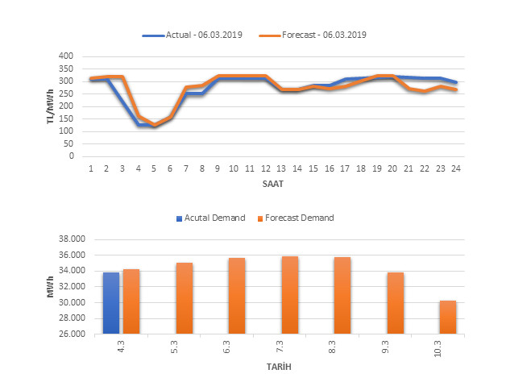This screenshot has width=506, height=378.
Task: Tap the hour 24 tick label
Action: coord(455,168)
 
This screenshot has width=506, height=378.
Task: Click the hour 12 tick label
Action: coord(265,168)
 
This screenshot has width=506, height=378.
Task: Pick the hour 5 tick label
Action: coord(154,168)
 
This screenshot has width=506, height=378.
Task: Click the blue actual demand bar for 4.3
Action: coord(111,303)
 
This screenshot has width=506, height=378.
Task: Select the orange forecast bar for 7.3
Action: coord(291,295)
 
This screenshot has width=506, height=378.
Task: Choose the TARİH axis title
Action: coord(280,367)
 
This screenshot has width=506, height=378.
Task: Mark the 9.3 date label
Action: coord(396,347)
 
